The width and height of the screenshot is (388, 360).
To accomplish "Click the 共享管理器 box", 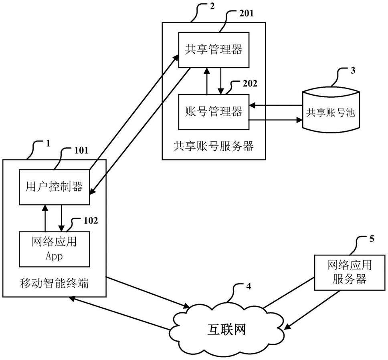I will coord(214,50).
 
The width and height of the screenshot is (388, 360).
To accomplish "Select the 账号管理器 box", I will coord(214,112).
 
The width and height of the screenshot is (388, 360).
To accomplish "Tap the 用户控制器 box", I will coord(54,187).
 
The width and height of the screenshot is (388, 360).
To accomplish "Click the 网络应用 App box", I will coord(54,249).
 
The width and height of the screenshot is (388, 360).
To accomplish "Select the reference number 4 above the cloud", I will coord(249,286).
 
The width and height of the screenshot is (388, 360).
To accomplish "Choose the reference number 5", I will coord(371,239).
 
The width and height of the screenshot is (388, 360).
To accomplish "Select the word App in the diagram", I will coord(54,256).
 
